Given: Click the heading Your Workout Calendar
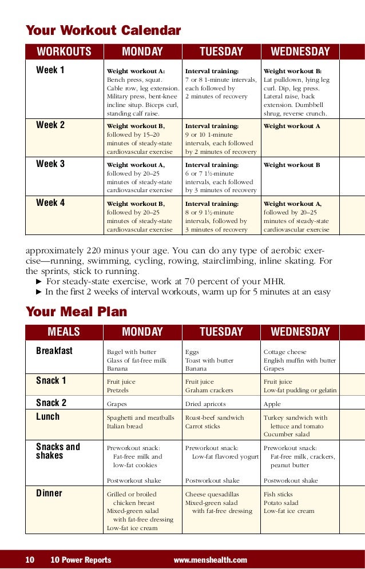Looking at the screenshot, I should (x=103, y=30).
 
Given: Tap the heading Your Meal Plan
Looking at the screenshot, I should (x=76, y=312).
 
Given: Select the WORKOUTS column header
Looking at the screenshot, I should (x=64, y=52).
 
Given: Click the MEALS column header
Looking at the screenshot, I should (x=64, y=332).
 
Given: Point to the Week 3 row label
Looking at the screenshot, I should (x=50, y=164).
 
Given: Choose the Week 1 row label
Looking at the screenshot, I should (x=50, y=71).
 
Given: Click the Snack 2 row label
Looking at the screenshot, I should (x=51, y=403).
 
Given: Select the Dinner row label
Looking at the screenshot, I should (x=49, y=494).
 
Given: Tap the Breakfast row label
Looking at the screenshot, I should (x=54, y=351).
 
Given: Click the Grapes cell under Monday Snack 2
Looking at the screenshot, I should (x=117, y=403).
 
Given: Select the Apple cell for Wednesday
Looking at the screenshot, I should (x=272, y=403).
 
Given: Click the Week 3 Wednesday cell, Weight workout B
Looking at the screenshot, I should (x=292, y=165).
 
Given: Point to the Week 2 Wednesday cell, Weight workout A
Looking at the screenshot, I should (x=292, y=126).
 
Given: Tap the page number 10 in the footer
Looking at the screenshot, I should (x=30, y=560).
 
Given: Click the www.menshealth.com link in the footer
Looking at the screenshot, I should (x=210, y=560).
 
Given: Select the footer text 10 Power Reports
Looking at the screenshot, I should (x=81, y=560).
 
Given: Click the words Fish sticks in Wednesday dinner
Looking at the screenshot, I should (x=278, y=495).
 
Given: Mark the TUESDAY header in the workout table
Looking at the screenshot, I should (x=221, y=52).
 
